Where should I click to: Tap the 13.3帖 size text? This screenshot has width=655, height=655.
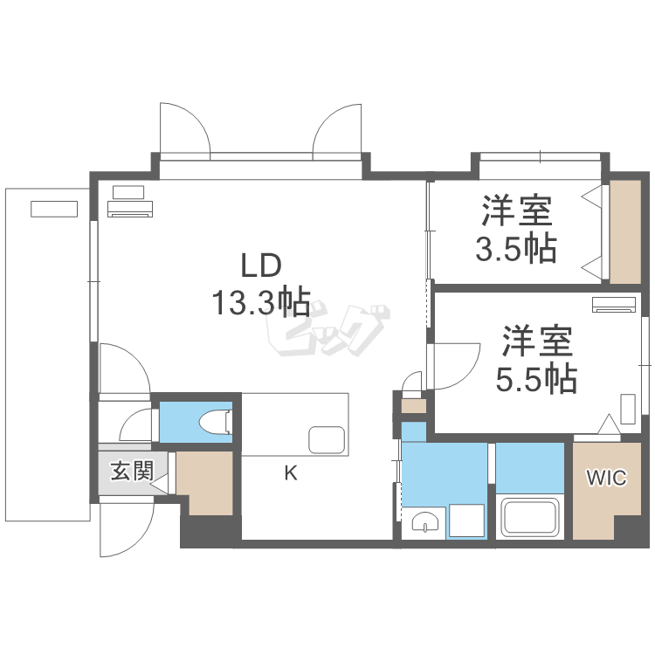259,302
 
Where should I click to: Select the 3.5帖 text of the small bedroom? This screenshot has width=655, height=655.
516,250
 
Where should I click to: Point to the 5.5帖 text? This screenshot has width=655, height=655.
536,378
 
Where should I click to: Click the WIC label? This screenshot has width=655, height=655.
605,478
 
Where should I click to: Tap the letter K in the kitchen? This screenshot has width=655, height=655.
291,474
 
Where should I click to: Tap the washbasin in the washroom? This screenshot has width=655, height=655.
426,522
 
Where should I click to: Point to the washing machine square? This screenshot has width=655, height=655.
466,521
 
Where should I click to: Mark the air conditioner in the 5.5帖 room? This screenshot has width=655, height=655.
615,305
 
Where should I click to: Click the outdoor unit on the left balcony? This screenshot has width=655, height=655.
54,209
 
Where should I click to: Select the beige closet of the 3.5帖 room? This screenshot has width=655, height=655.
625,231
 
